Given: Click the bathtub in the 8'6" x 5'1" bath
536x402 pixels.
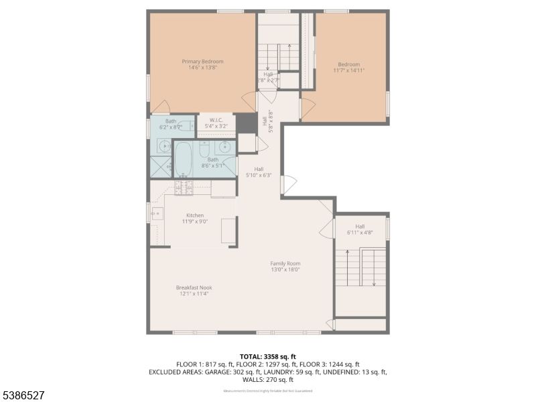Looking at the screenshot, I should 183,158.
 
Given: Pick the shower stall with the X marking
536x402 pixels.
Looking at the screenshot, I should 161,166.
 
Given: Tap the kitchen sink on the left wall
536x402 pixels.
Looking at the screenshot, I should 157,214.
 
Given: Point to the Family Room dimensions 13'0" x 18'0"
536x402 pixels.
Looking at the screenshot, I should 285,269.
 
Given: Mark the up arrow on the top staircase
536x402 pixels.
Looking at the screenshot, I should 289,48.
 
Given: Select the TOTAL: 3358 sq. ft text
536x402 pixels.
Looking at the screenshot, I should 268,356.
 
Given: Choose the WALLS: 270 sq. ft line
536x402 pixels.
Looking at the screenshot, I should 268,379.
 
